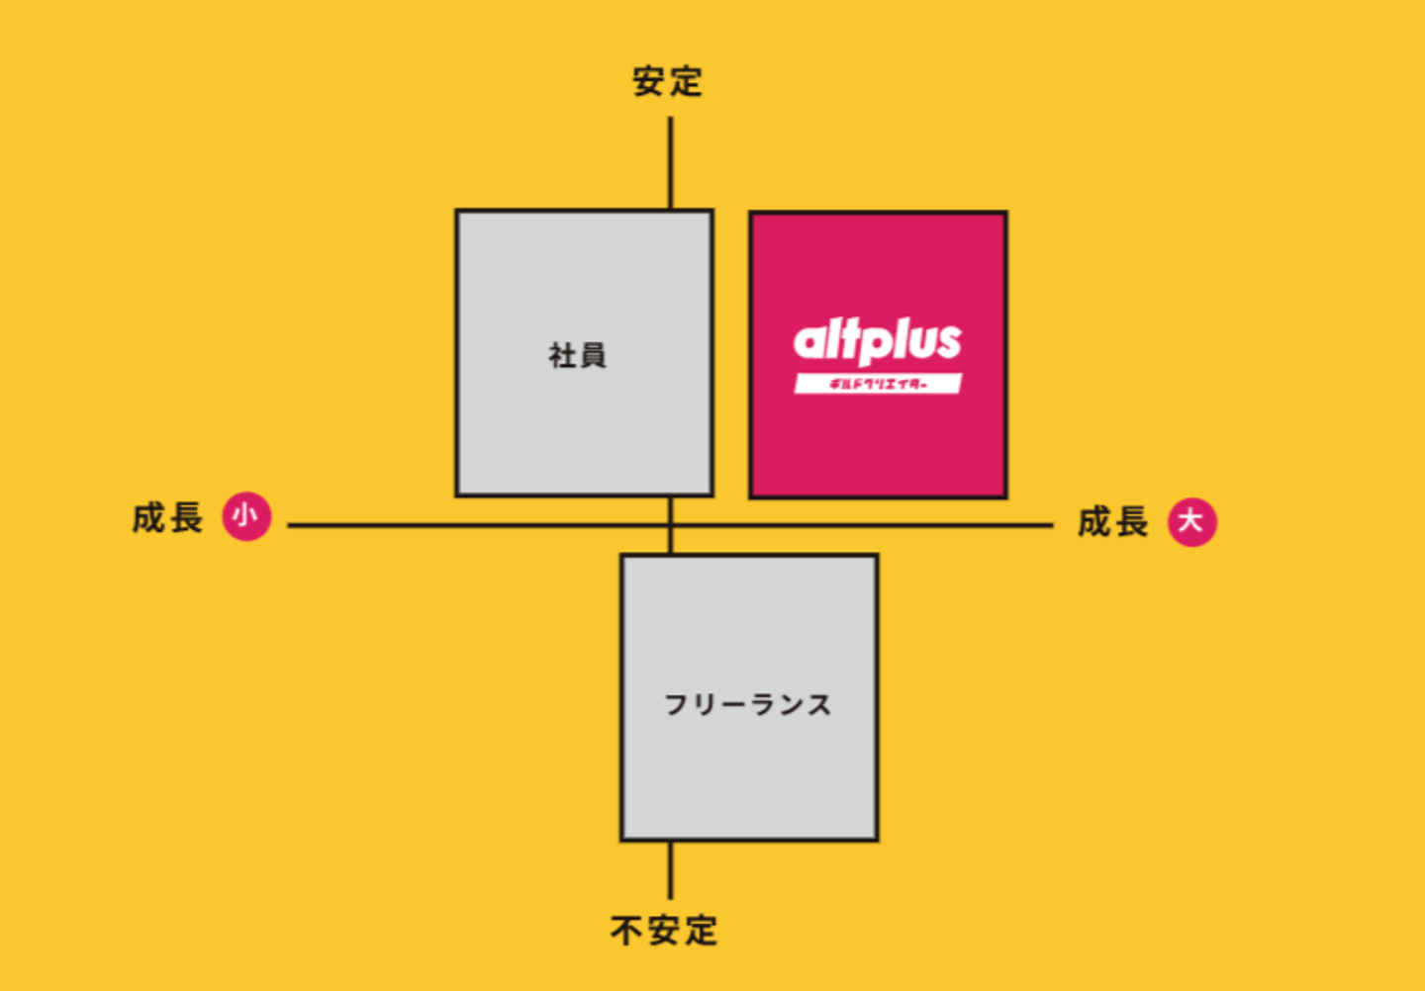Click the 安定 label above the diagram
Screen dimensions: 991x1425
click(667, 81)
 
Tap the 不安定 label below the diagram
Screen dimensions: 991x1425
click(664, 931)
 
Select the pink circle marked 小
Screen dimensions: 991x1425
click(245, 516)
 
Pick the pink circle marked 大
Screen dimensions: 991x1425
click(1191, 521)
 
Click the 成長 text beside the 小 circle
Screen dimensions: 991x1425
click(167, 517)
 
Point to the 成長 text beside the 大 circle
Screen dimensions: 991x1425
click(1113, 521)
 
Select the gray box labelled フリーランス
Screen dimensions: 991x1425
click(749, 771)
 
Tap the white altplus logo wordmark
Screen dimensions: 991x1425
click(877, 342)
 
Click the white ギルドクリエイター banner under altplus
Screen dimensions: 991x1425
click(877, 384)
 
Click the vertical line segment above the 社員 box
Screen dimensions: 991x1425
click(670, 163)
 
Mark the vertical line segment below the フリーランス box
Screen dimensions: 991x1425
click(670, 870)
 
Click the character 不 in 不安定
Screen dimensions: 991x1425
click(626, 931)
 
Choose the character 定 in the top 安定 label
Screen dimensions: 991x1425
click(685, 81)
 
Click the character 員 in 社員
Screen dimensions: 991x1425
click(592, 355)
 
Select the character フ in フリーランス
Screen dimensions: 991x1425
click(676, 704)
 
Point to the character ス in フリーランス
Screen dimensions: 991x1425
click(818, 704)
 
